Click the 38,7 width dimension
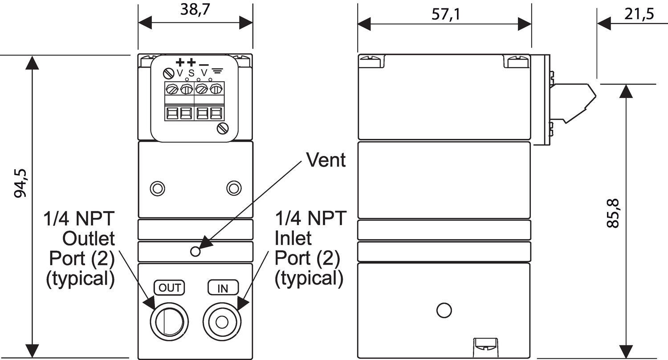click(x=195, y=10)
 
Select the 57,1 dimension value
click(x=445, y=15)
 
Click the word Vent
click(x=326, y=160)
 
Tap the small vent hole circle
click(x=195, y=251)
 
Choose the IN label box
click(x=223, y=288)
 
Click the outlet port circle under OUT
click(x=169, y=320)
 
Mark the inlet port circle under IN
click(x=222, y=321)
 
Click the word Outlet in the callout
click(x=89, y=238)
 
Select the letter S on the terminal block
click(x=191, y=73)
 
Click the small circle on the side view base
click(x=444, y=310)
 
